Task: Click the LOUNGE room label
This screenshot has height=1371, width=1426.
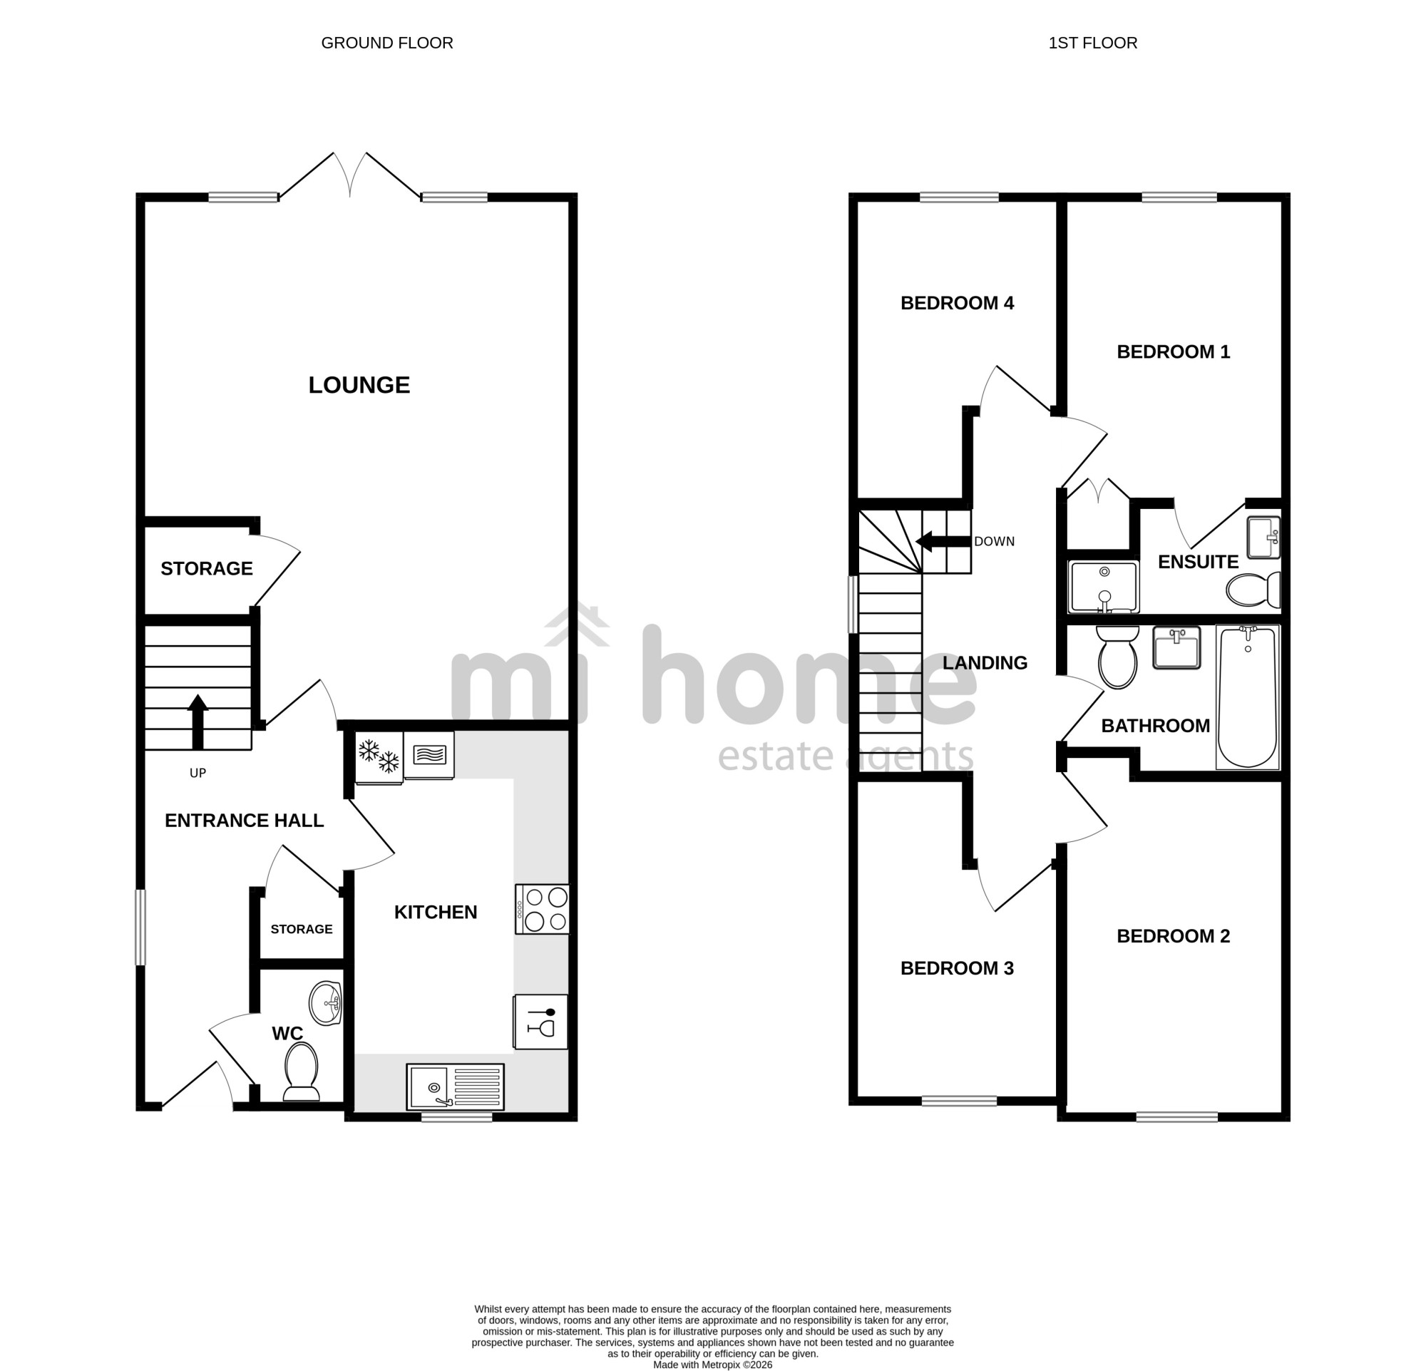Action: (359, 385)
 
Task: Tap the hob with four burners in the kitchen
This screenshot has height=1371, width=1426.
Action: (542, 908)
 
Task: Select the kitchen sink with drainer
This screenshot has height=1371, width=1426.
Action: (455, 1087)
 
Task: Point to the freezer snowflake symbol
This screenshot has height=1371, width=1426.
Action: (379, 757)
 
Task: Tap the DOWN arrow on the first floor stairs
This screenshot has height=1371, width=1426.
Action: (943, 541)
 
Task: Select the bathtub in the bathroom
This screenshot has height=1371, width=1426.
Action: (1247, 697)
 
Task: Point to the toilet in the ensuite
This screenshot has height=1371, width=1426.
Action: (1253, 590)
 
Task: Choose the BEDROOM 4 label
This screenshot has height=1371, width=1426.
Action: (957, 302)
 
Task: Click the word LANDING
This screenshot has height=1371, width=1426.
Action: (985, 662)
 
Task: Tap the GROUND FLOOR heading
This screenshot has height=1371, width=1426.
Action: (387, 43)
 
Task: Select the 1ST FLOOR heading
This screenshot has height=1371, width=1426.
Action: (1093, 43)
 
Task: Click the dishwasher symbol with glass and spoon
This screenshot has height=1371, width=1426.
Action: (540, 1021)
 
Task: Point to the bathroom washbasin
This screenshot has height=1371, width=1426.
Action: (1176, 647)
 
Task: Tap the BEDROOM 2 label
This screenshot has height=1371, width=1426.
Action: (1173, 936)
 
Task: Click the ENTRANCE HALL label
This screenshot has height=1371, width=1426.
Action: (244, 821)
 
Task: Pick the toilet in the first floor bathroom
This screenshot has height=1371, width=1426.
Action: (1117, 657)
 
